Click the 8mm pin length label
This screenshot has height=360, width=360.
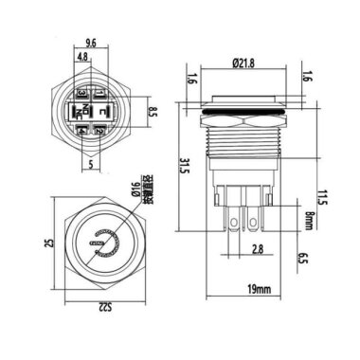[309, 223]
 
